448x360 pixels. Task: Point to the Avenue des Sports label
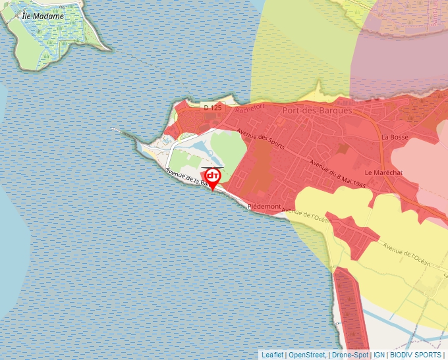click(261, 138)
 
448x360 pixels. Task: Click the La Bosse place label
click(395, 137)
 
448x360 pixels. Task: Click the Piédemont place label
click(264, 207)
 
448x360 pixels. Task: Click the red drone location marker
click(213, 178)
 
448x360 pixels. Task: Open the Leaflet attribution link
click(273, 355)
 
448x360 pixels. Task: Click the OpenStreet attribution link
click(307, 355)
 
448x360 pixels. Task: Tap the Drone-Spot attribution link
click(350, 355)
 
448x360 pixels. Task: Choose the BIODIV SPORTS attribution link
click(416, 355)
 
